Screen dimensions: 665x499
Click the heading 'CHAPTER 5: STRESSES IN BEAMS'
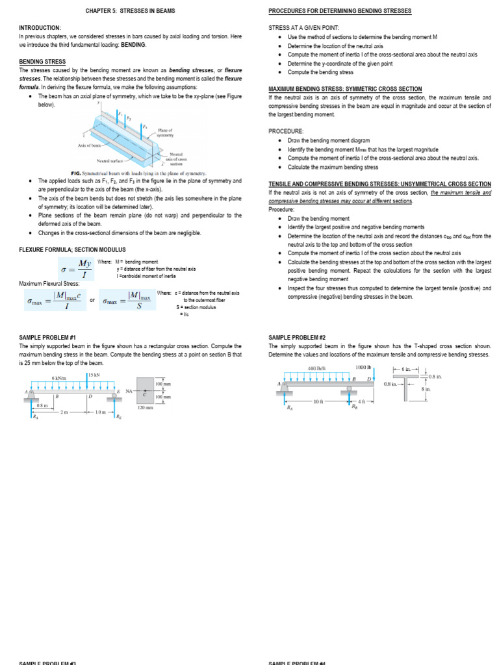click(x=130, y=11)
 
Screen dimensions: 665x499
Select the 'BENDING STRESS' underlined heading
click(x=42, y=62)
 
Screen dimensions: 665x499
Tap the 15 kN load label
click(x=95, y=375)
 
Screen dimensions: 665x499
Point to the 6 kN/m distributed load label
click(x=60, y=379)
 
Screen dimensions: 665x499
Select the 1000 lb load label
click(x=363, y=368)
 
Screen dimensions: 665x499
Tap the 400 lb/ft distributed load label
click(x=316, y=368)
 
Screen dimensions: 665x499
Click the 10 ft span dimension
click(x=318, y=401)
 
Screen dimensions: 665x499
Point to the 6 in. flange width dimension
click(x=407, y=369)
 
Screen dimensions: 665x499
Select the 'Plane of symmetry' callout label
click(x=166, y=132)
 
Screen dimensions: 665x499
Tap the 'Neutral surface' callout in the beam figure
click(x=110, y=160)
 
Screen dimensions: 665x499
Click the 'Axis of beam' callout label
click(x=90, y=145)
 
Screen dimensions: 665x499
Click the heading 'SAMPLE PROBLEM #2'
click(x=294, y=338)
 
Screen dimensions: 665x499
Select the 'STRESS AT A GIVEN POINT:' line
click(x=304, y=28)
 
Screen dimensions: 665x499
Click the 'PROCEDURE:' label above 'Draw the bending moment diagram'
click(x=286, y=131)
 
